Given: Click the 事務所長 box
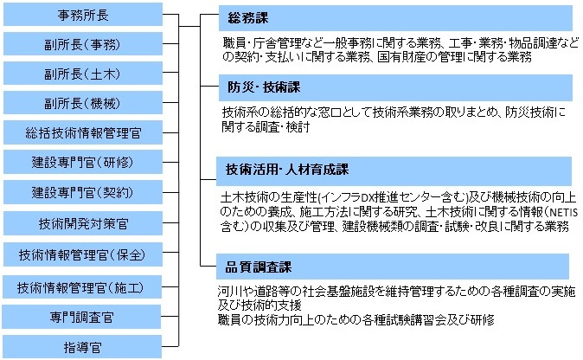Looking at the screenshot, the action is coord(83,15).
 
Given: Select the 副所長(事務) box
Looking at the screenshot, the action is coord(83,44).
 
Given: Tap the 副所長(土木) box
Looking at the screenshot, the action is coord(83,74).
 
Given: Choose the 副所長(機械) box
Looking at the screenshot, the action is coord(83,103).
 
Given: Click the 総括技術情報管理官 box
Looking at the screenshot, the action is coord(83,132).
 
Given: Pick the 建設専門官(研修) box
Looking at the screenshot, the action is coord(83,162).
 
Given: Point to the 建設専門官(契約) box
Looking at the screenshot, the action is coord(83,192).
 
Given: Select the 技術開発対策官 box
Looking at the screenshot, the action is coord(83,223).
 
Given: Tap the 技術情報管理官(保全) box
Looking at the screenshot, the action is coord(83,254).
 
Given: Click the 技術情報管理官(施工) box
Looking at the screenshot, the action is coord(82,287).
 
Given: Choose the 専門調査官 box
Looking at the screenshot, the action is coord(81,317).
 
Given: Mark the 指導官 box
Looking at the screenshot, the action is coord(82,347).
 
